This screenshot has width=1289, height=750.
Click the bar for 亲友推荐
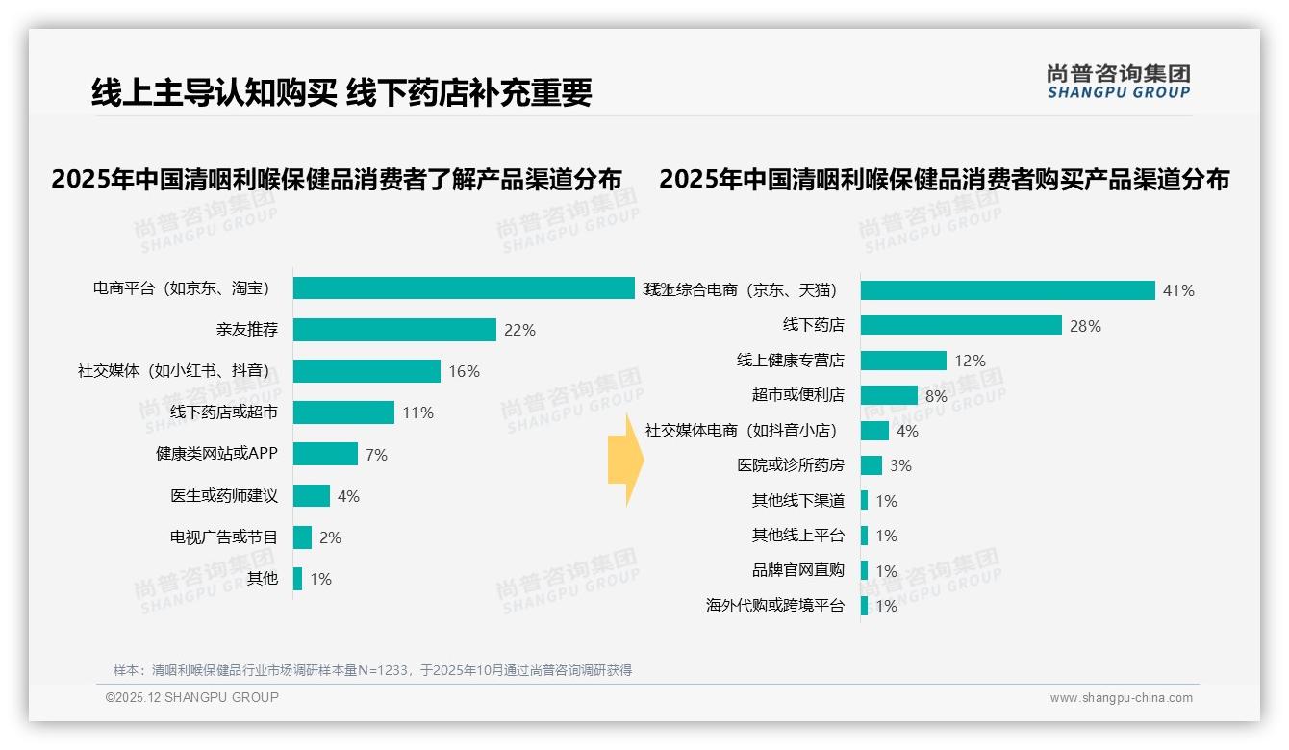click(394, 330)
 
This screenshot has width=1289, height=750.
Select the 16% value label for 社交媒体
click(464, 371)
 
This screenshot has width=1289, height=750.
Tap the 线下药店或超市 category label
click(224, 412)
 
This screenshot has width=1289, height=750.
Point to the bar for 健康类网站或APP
click(325, 454)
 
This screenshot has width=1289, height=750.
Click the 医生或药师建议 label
click(224, 496)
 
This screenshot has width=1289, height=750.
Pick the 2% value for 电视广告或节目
click(330, 537)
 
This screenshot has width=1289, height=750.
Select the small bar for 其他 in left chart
click(297, 579)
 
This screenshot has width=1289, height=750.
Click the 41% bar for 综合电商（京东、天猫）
click(1007, 290)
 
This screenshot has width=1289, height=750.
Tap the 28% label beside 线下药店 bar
click(1085, 326)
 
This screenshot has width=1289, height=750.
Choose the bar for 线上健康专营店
click(903, 361)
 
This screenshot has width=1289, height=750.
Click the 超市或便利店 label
click(797, 395)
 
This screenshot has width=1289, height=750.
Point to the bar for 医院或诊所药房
click(872, 465)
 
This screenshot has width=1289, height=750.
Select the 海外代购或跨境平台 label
click(774, 606)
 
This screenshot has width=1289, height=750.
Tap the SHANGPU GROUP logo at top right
click(1118, 82)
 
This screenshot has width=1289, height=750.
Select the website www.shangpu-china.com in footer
click(1121, 698)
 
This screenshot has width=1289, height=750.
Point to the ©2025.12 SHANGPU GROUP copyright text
click(191, 697)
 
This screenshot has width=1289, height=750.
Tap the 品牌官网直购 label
click(797, 570)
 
